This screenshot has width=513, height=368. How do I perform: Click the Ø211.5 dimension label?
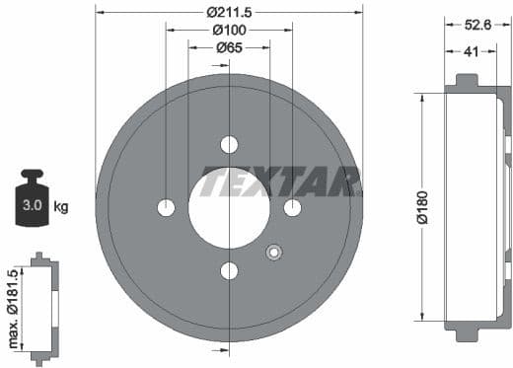click(x=229, y=13)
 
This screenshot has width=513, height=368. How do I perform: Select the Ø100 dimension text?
click(x=229, y=30)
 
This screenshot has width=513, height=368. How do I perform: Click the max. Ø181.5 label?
click(x=14, y=306)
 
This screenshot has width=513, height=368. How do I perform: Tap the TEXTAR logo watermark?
click(x=280, y=182)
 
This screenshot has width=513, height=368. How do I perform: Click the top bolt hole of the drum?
click(x=229, y=145)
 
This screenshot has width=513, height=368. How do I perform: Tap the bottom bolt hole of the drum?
click(x=229, y=271)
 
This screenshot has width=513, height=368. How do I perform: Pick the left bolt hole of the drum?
click(x=166, y=208)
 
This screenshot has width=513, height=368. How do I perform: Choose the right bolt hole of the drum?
click(x=292, y=208)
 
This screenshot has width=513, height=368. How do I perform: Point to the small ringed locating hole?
click(x=272, y=253)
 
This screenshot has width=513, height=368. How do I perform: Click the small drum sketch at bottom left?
click(x=40, y=307)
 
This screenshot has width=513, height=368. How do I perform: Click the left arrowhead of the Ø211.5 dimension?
click(x=100, y=13)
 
